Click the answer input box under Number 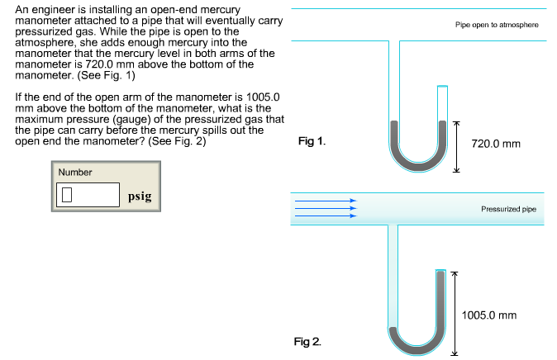pos(89,196)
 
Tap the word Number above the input pos(75,172)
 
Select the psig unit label pos(139,197)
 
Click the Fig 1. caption pos(311,141)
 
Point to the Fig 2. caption pos(308,340)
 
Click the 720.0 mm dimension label pos(496,144)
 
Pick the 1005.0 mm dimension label pos(490,315)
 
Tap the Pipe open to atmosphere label pos(497,26)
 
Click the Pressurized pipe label pos(508,210)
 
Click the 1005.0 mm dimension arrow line pos(453,314)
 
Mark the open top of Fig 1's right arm pos(443,86)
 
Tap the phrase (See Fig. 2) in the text pos(177,141)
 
